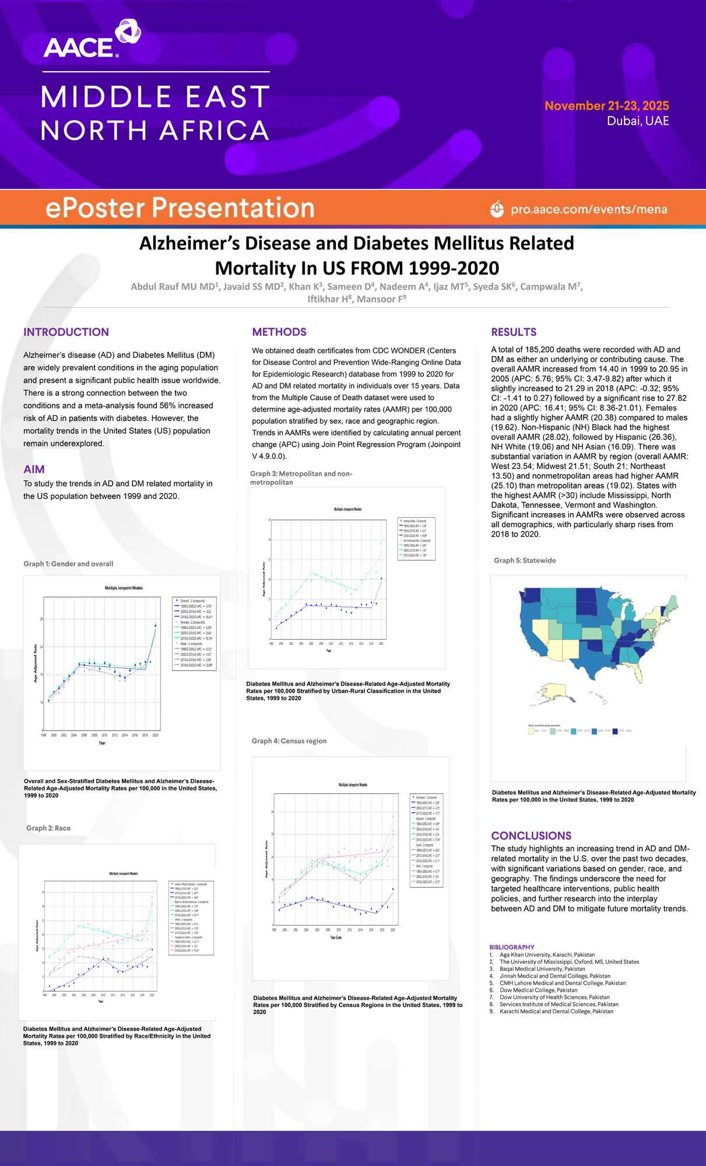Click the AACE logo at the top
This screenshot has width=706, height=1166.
[x=92, y=40]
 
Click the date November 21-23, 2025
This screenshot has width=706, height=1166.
[x=606, y=106]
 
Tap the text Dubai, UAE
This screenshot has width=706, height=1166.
[x=638, y=121]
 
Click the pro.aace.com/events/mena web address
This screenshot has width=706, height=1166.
[x=589, y=209]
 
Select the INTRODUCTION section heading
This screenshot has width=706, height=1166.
[x=66, y=332]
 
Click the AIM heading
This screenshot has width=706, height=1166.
[x=34, y=469]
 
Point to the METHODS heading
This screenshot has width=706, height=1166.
[x=279, y=332]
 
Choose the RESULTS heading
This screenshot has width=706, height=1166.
[x=514, y=332]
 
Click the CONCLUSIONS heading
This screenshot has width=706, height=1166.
[x=531, y=835]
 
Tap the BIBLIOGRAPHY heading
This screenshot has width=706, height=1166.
[x=512, y=947]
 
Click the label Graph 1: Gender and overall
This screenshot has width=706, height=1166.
[x=68, y=564]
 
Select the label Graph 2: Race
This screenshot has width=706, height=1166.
[x=48, y=828]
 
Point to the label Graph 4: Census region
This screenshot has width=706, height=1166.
[x=289, y=741]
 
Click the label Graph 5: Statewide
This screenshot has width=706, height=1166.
[x=525, y=560]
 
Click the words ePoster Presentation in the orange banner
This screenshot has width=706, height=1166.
[x=180, y=208]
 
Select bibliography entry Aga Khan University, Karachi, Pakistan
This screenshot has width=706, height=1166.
[x=547, y=955]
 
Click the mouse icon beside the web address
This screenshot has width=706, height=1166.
[x=497, y=209]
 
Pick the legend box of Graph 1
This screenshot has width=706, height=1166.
[x=194, y=633]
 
